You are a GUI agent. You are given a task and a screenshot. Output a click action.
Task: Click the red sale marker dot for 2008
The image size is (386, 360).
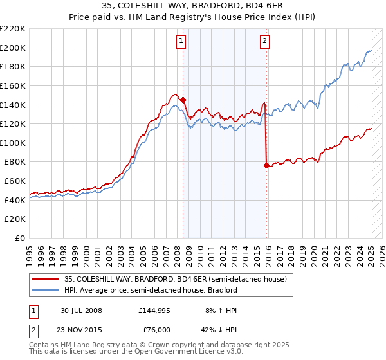click(183, 100)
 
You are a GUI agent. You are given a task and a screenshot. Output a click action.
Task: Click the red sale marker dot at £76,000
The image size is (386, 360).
click(266, 165)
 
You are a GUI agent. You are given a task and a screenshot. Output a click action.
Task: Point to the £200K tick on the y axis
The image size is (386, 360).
click(13, 48)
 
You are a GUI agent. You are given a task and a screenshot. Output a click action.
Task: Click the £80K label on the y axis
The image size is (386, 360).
click(15, 162)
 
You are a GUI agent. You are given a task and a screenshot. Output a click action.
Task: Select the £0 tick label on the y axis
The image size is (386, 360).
click(21, 239)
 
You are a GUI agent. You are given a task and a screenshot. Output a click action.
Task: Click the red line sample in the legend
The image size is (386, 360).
click(45, 279)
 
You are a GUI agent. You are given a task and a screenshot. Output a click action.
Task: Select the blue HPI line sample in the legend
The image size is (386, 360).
click(45, 290)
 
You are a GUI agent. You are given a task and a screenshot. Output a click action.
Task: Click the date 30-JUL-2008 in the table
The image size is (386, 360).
click(81, 310)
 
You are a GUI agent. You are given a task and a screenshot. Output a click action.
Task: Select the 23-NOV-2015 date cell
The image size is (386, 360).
click(82, 330)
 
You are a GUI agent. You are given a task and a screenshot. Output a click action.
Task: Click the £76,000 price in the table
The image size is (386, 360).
click(154, 330)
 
